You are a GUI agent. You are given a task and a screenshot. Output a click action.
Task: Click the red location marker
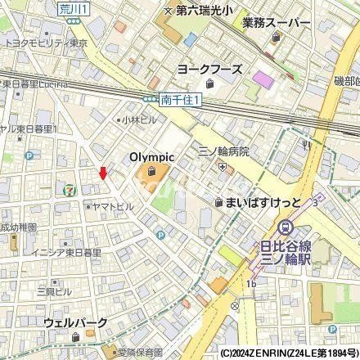coord(102,173)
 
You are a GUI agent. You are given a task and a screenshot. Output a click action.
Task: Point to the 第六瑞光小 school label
coord(200,11)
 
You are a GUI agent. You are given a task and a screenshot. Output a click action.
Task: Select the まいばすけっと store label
coord(261,201)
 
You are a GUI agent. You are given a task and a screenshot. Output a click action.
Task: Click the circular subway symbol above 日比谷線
coord(286,227)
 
